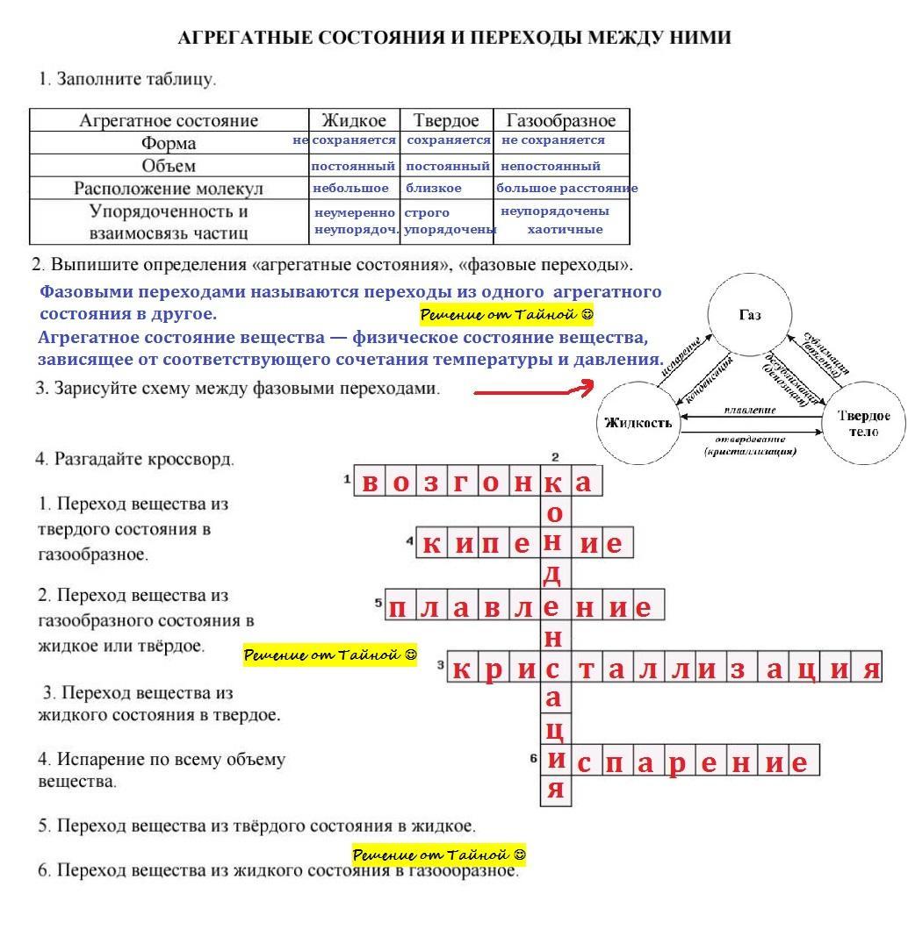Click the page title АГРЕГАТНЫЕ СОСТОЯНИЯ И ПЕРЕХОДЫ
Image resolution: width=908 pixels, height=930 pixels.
[454, 39]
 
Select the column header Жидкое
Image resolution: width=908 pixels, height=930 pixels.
[354, 120]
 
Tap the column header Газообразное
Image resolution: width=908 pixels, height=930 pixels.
[561, 120]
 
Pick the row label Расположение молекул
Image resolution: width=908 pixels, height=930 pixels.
[169, 189]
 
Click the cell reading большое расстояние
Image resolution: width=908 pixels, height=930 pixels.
[566, 189]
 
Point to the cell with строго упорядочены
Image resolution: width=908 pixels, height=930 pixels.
[449, 221]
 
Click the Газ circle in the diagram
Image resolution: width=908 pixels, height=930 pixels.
[750, 315]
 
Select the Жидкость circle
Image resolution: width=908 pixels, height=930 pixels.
[638, 423]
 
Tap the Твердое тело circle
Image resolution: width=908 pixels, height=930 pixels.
[863, 423]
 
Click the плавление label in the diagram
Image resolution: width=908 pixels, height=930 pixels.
[750, 410]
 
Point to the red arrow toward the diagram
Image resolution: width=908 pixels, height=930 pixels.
[533, 391]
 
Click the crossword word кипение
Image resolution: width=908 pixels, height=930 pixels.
[523, 544]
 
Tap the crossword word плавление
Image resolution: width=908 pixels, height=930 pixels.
[524, 606]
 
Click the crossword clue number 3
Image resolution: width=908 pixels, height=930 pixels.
[440, 664]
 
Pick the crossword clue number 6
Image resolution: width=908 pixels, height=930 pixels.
[533, 757]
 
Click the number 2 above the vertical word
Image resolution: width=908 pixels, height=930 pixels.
[555, 457]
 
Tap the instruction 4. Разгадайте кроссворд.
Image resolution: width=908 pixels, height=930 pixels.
[136, 459]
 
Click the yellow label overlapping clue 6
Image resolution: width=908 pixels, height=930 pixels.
[439, 855]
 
